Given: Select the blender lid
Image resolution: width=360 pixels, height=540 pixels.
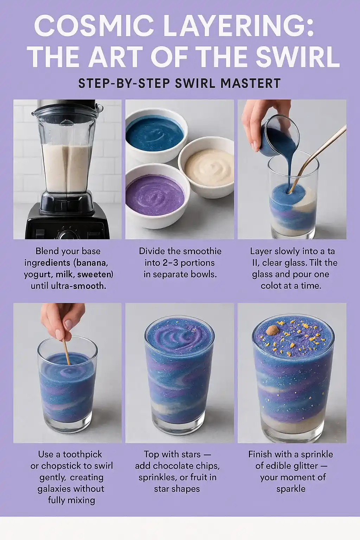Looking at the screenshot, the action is click(x=68, y=109).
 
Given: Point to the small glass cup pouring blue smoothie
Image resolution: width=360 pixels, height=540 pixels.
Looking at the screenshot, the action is click(x=280, y=136).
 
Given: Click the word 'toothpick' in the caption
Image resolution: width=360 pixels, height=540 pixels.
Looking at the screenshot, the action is click(x=83, y=455).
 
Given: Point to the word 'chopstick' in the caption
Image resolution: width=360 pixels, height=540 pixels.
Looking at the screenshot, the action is click(x=60, y=466).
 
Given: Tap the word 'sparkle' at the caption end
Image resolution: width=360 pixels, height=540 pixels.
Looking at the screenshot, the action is click(x=291, y=489).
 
